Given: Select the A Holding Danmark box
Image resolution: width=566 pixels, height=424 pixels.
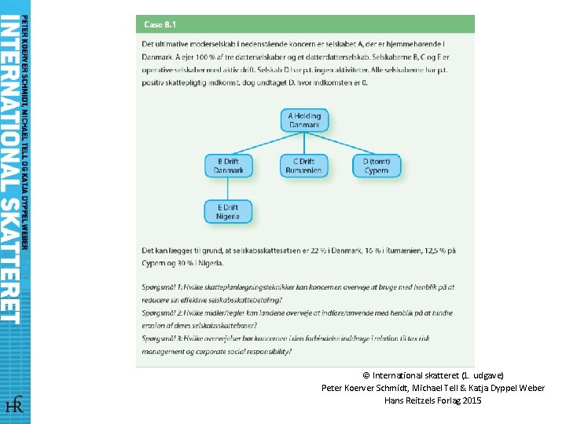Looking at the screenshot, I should [x=304, y=121].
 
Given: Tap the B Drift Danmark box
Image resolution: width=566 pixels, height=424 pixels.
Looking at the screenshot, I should [x=229, y=166].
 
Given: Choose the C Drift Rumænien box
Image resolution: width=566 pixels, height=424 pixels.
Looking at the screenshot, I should [x=304, y=166].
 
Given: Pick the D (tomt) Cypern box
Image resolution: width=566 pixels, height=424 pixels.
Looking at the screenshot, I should [x=376, y=166].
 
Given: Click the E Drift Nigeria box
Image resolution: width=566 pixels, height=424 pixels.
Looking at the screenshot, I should [x=229, y=210].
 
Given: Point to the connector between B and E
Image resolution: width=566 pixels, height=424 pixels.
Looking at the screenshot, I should [x=229, y=188].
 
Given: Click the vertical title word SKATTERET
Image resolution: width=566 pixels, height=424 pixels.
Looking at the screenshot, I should [x=10, y=258].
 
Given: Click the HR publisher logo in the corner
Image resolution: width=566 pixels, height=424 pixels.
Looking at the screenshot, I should [x=14, y=405].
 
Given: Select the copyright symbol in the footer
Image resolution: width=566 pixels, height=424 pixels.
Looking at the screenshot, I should [x=366, y=376].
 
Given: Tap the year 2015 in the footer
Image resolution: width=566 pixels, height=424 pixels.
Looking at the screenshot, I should [x=472, y=400].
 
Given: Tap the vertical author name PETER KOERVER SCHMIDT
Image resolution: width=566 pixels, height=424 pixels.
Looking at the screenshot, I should [x=25, y=63].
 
